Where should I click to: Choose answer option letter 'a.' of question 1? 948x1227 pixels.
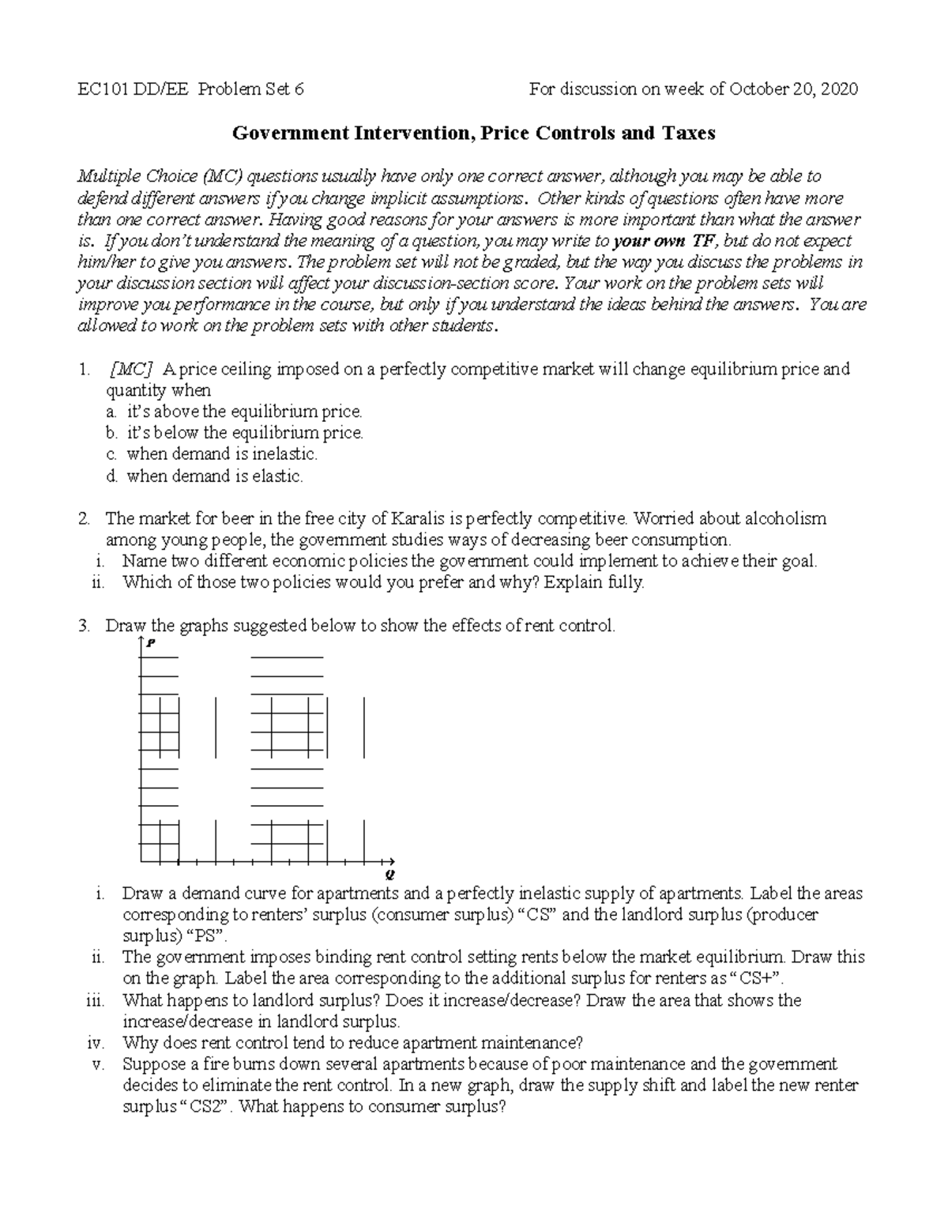[113, 412]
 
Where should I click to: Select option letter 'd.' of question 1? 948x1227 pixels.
[113, 476]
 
